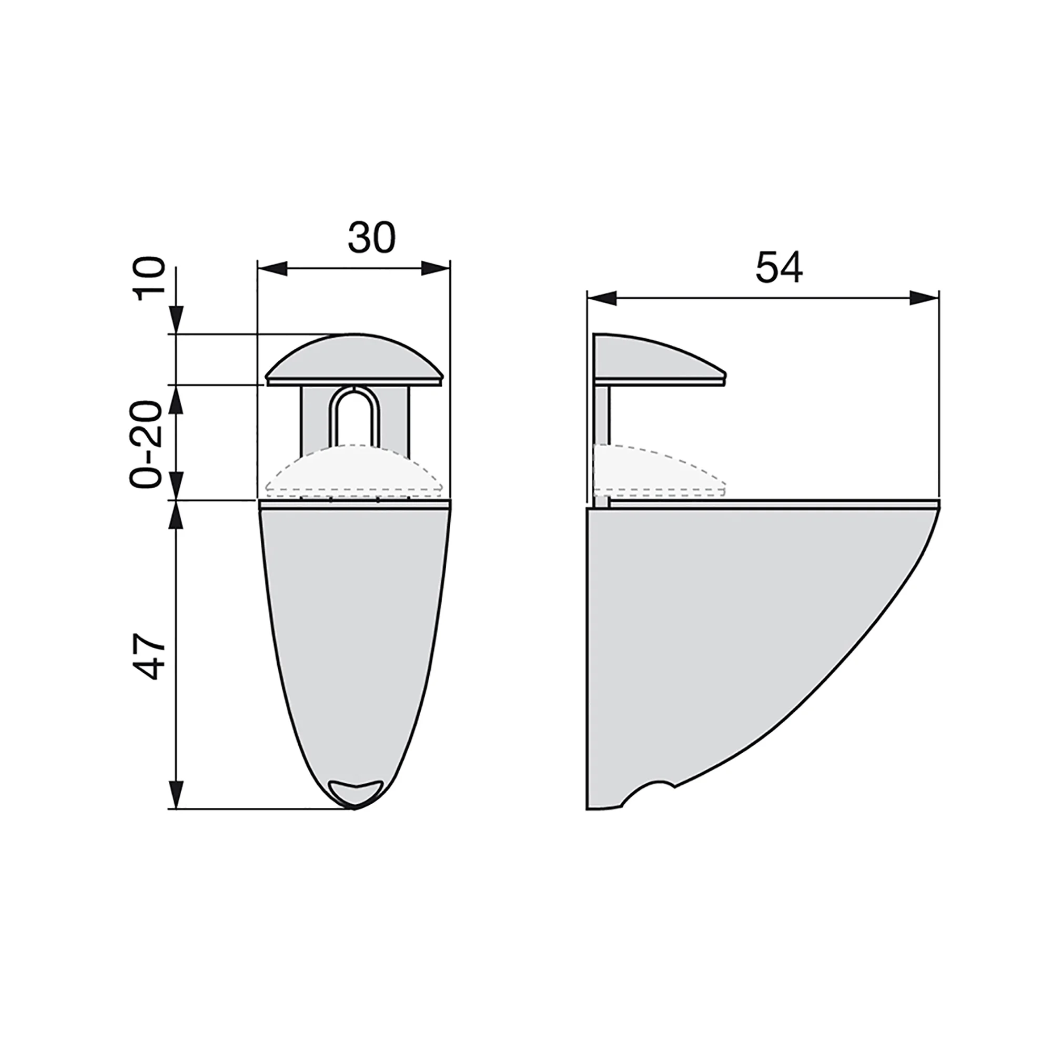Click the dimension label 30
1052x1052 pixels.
(371, 237)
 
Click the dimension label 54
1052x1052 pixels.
(779, 267)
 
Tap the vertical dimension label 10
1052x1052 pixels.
(150, 279)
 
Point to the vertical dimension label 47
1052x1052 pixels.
(150, 656)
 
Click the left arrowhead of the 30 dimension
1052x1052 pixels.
(272, 268)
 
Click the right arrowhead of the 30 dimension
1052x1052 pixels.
(436, 268)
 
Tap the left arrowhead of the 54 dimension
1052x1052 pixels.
(602, 298)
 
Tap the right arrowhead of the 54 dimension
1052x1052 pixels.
(924, 298)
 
